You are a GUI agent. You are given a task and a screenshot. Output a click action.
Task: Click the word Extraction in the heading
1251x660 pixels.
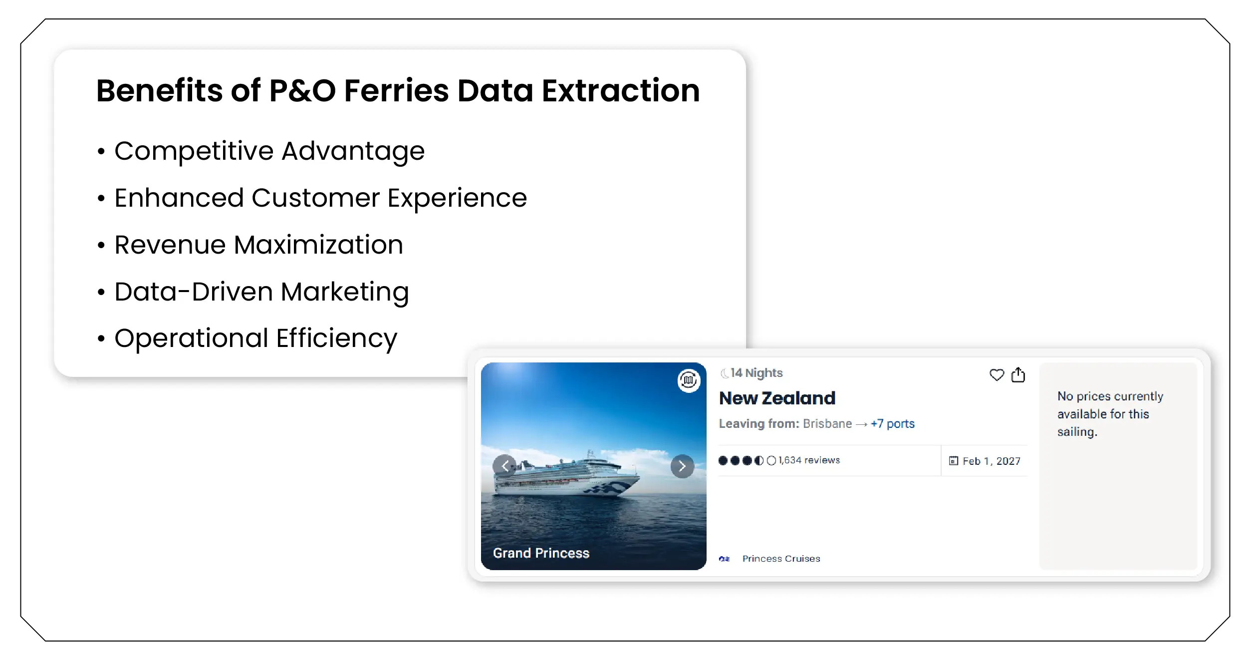point(620,91)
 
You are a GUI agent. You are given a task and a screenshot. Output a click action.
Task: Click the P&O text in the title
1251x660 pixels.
point(302,91)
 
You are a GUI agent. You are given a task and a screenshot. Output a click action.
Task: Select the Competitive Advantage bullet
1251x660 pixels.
point(269,151)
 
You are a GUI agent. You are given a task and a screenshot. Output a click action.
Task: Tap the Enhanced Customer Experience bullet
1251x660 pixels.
point(320,198)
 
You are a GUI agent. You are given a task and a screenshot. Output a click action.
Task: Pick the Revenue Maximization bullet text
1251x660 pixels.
point(258,245)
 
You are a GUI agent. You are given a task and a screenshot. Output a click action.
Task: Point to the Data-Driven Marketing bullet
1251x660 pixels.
point(261,292)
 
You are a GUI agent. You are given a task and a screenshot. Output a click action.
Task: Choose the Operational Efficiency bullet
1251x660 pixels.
point(255,338)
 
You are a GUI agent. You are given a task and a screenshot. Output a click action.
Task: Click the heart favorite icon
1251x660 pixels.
point(997,375)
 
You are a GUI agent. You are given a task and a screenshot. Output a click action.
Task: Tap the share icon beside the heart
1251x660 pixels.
point(1018,375)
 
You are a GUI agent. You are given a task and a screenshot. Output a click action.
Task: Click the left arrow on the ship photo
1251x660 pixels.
point(505,466)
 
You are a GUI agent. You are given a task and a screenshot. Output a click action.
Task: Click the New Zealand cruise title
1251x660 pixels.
point(777,398)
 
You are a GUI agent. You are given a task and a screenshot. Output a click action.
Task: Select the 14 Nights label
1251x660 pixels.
point(756,373)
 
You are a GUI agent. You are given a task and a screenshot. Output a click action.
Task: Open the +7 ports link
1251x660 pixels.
point(892,424)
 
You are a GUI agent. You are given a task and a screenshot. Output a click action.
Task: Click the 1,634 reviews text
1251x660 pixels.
point(809,460)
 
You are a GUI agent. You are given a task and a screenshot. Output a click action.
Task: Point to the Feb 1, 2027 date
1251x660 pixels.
point(991,461)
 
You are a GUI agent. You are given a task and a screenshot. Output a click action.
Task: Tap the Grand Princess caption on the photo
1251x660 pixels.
point(541,553)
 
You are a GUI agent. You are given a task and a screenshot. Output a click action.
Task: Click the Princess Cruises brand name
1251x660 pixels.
point(781,559)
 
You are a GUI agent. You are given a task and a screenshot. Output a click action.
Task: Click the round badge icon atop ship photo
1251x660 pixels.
point(689,381)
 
